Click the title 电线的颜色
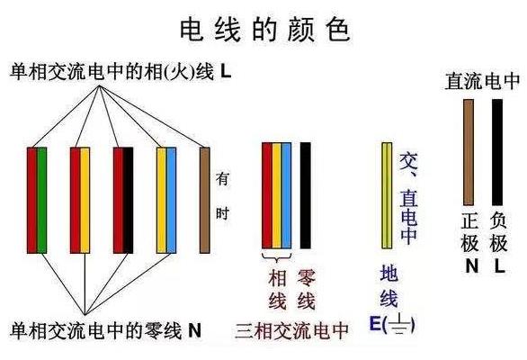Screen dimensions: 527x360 coord(265,31)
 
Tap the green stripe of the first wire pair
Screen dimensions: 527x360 coord(41,200)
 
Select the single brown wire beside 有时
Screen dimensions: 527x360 coord(205,200)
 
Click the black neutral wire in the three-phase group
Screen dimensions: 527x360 coord(305,195)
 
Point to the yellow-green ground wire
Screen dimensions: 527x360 coord(387,195)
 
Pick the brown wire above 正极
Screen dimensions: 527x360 coord(469,152)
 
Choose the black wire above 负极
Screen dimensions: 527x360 coord(497,152)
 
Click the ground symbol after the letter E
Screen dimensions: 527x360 coord(399,324)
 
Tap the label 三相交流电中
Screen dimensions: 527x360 coord(292,331)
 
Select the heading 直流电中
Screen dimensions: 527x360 coord(482,81)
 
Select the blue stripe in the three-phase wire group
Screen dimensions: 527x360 coord(286,195)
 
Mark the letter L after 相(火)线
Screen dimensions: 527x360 coord(226,72)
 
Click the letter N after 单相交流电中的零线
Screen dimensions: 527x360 coord(194,330)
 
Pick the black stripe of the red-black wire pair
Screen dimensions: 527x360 coord(128,200)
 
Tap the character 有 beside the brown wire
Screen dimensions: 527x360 coord(222,179)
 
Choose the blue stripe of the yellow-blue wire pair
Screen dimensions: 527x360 coord(172,200)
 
